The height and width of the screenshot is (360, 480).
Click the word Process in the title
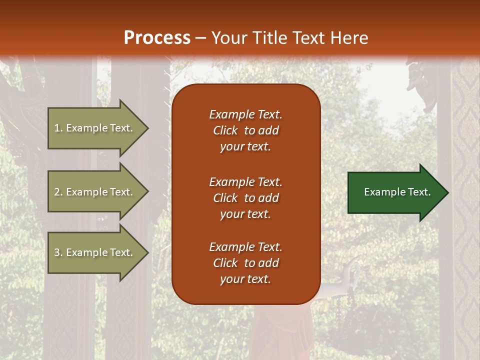tap(157, 38)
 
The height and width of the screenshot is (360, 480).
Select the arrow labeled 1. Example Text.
tap(95, 128)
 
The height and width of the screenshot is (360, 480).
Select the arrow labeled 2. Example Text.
tap(95, 192)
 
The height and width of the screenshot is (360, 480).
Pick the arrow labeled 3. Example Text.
tap(95, 252)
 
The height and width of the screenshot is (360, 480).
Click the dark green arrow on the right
tap(395, 192)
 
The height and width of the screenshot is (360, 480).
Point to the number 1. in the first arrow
tap(58, 128)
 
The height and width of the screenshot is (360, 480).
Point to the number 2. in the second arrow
tap(58, 192)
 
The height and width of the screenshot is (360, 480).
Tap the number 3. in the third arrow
tap(58, 252)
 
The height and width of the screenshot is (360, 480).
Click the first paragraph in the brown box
tap(245, 130)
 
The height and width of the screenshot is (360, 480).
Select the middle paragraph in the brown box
tap(245, 198)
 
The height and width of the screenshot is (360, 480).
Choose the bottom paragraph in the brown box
tap(245, 263)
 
